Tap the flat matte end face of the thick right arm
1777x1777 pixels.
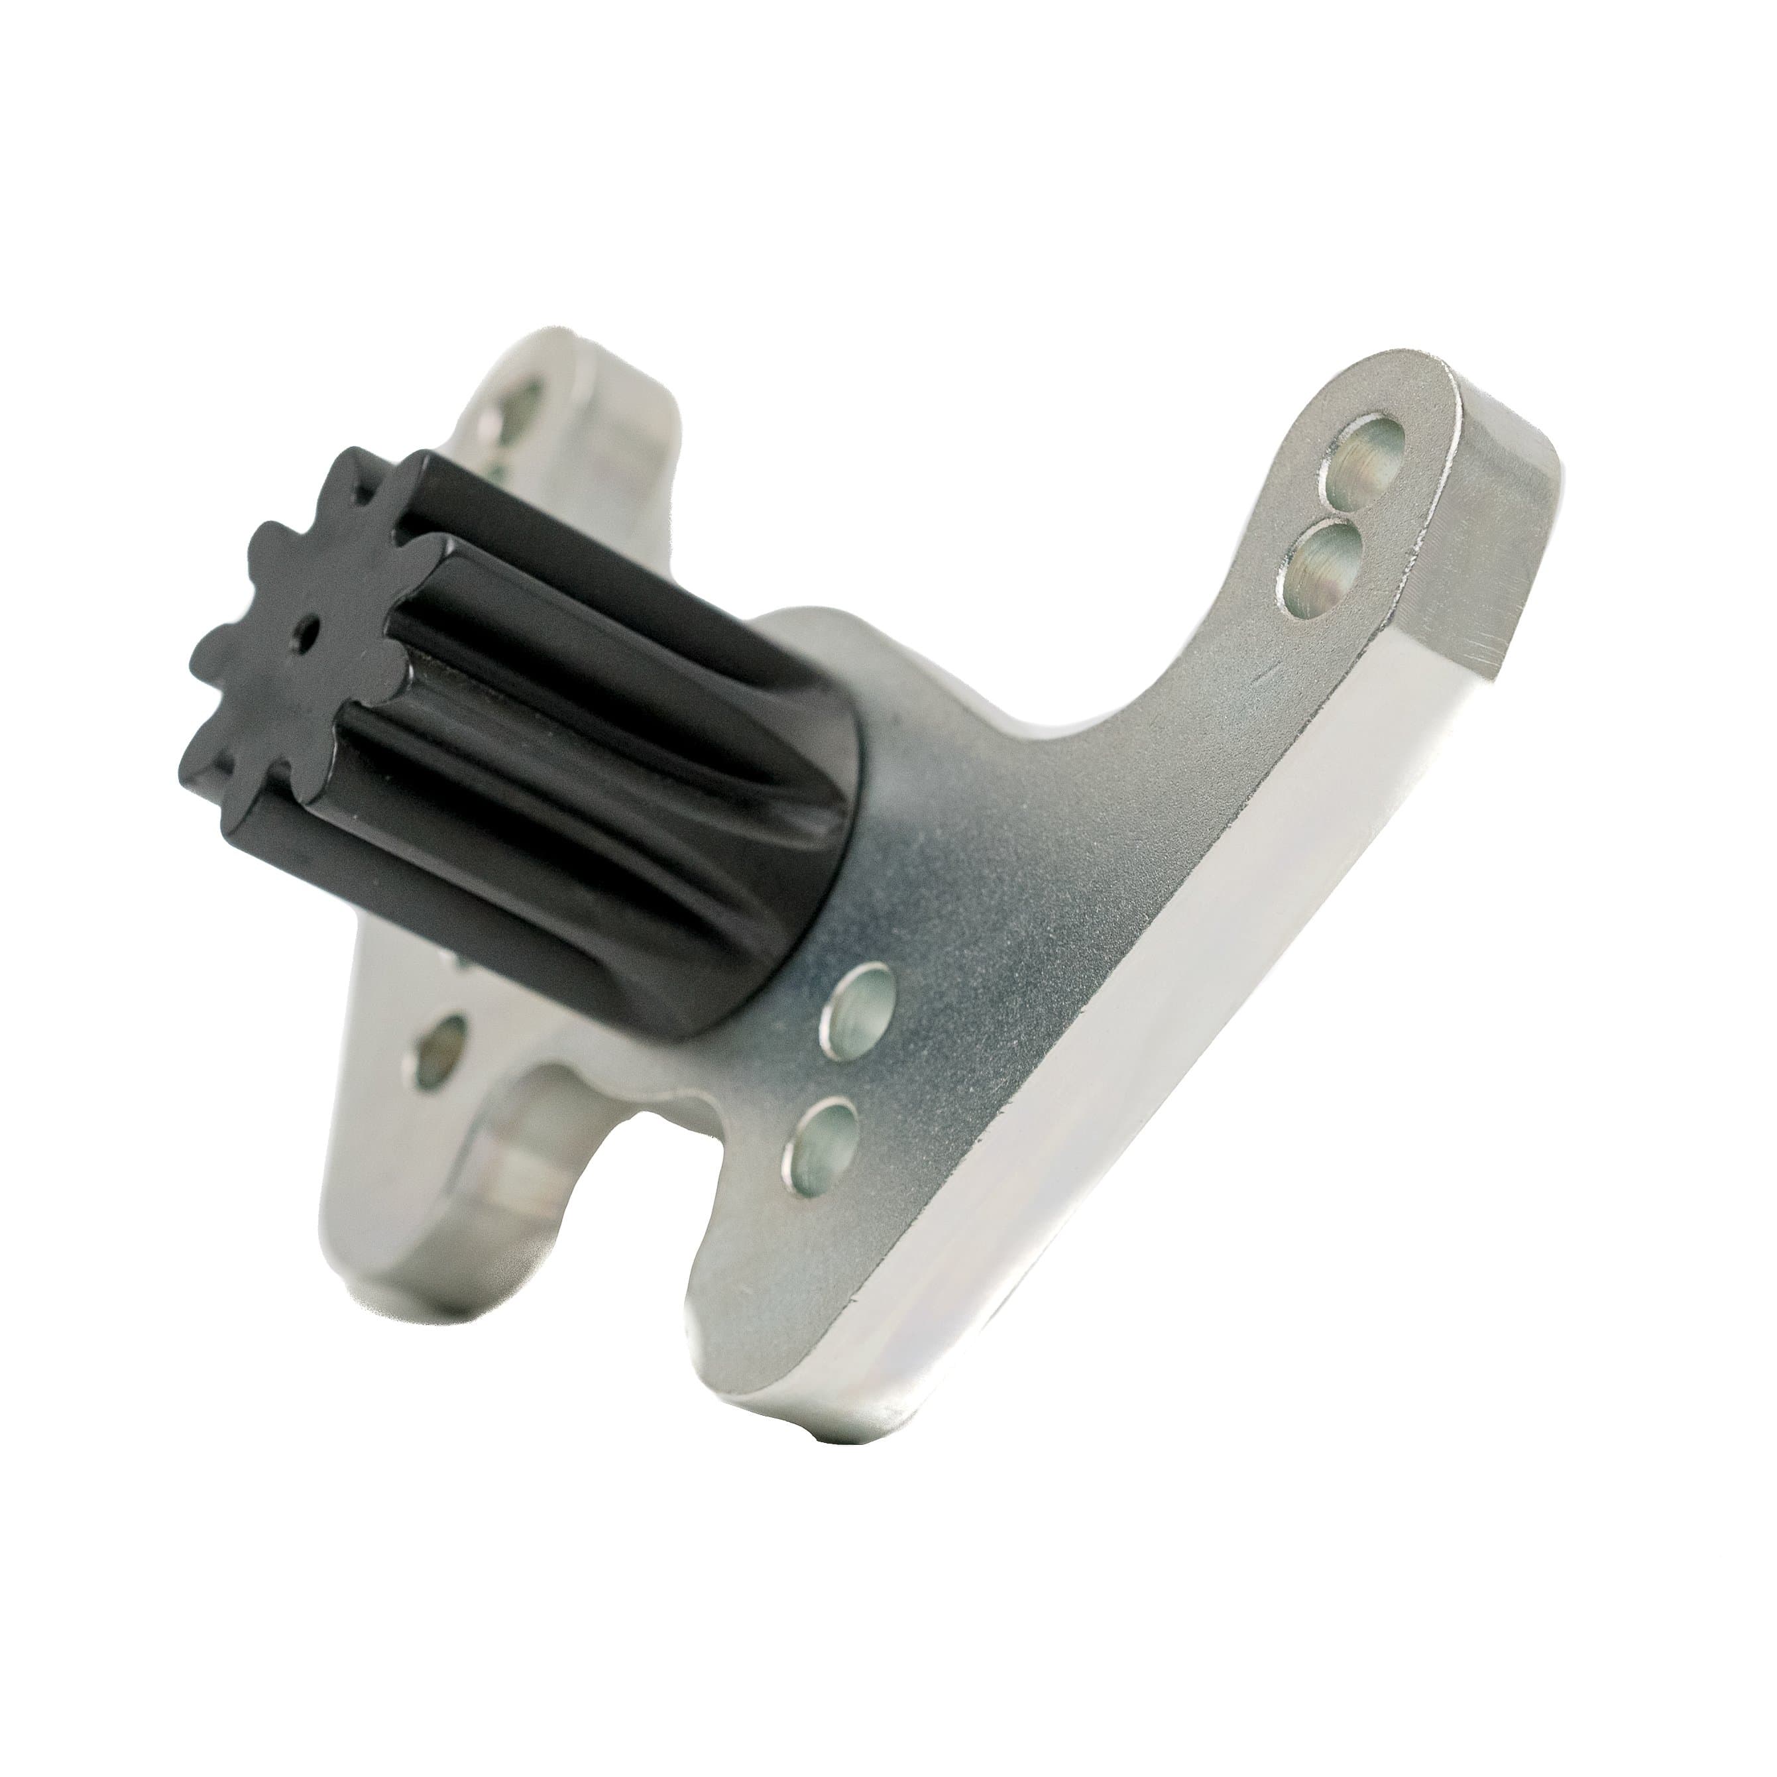tap(1499, 552)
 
